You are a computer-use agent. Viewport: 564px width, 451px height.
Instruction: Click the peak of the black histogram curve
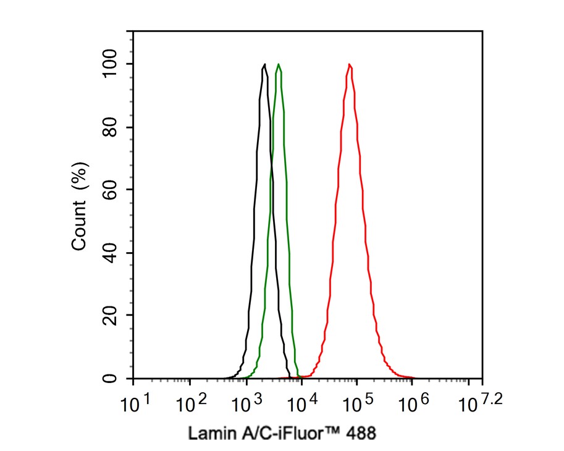(x=264, y=64)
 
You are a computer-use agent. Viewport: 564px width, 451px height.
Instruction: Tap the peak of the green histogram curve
(x=279, y=64)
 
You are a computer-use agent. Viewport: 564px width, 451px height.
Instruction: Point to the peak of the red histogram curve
(x=350, y=64)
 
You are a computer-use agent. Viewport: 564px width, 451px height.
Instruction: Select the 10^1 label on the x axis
(x=135, y=405)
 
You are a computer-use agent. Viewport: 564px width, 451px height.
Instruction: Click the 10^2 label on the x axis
(x=191, y=405)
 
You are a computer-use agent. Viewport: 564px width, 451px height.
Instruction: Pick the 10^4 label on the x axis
(x=303, y=405)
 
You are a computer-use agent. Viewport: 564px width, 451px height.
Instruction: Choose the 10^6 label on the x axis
(x=414, y=405)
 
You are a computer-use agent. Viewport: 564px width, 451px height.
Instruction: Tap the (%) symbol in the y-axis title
(x=79, y=175)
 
